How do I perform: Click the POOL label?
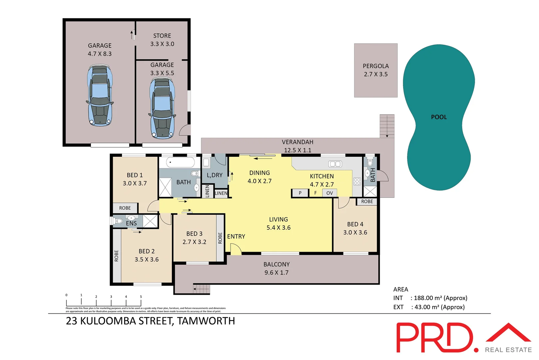click(439, 117)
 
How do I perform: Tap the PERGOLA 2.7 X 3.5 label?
click(376, 70)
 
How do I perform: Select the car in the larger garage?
click(100, 96)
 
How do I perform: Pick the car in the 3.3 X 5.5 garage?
click(162, 108)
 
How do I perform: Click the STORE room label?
click(162, 36)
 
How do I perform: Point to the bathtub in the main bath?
click(180, 163)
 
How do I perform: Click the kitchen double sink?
click(335, 164)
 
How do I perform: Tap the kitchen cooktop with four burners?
click(357, 181)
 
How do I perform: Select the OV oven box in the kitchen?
click(329, 193)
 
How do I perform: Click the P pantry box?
click(300, 193)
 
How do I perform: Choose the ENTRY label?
click(236, 236)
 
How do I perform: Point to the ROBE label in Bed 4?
click(367, 201)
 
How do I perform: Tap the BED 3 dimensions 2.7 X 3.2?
click(194, 242)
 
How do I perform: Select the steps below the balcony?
click(202, 289)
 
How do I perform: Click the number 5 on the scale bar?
click(141, 296)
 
